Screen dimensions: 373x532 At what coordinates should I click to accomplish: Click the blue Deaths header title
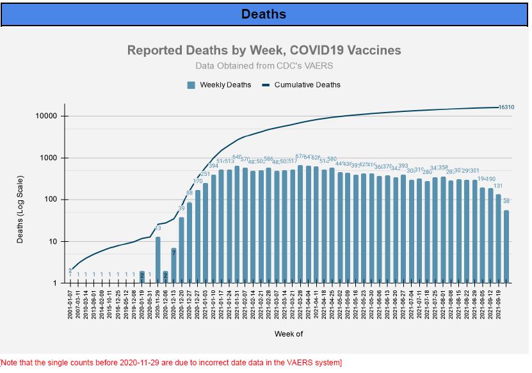263,14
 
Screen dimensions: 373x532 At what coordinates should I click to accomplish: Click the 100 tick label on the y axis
52,200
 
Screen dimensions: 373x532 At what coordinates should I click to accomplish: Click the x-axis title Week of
288,334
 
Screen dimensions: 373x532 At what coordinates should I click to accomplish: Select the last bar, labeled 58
506,246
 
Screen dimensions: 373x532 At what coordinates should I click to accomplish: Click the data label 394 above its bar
214,166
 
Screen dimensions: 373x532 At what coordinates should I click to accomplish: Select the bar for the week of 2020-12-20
181,250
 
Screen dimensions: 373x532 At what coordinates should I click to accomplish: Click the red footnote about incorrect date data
171,363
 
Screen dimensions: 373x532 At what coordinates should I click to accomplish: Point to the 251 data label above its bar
206,174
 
